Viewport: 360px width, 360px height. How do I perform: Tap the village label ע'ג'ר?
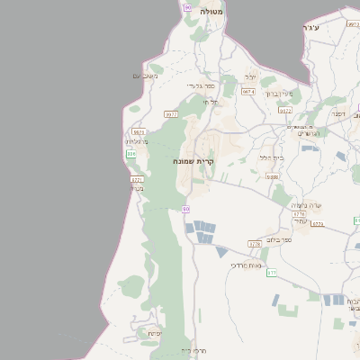click(313, 30)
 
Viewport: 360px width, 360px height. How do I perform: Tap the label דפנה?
click(338, 114)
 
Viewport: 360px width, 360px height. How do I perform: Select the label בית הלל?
click(271, 157)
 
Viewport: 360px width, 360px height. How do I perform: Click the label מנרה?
click(137, 188)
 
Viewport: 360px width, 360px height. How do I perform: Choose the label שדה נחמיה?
click(301, 205)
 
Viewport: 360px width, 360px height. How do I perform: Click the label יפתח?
click(154, 333)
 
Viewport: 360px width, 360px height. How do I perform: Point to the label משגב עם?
click(144, 76)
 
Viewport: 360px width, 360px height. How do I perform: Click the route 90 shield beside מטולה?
click(187, 7)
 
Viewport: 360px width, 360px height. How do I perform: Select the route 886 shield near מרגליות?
click(131, 154)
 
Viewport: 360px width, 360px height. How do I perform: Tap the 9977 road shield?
click(171, 114)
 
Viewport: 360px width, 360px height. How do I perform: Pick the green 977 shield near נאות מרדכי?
click(272, 271)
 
